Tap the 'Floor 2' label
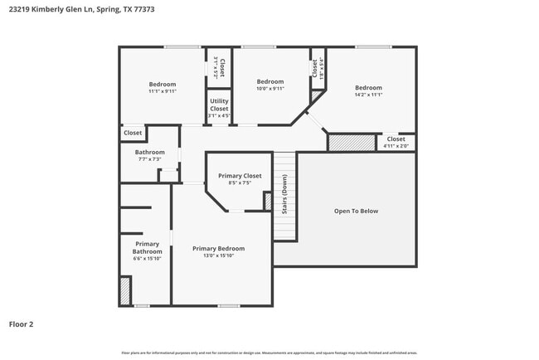22,324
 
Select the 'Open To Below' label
356,211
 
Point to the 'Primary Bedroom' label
218,248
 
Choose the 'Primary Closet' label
240,176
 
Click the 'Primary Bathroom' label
147,247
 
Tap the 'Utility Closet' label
219,105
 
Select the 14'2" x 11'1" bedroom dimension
368,95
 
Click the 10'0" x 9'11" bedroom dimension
269,89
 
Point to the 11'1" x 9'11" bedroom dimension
163,91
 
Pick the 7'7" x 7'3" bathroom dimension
150,159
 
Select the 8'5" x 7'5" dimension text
240,183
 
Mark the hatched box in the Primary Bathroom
125,290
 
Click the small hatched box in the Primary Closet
268,201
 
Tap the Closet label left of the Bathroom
133,133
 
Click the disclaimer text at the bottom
269,353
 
